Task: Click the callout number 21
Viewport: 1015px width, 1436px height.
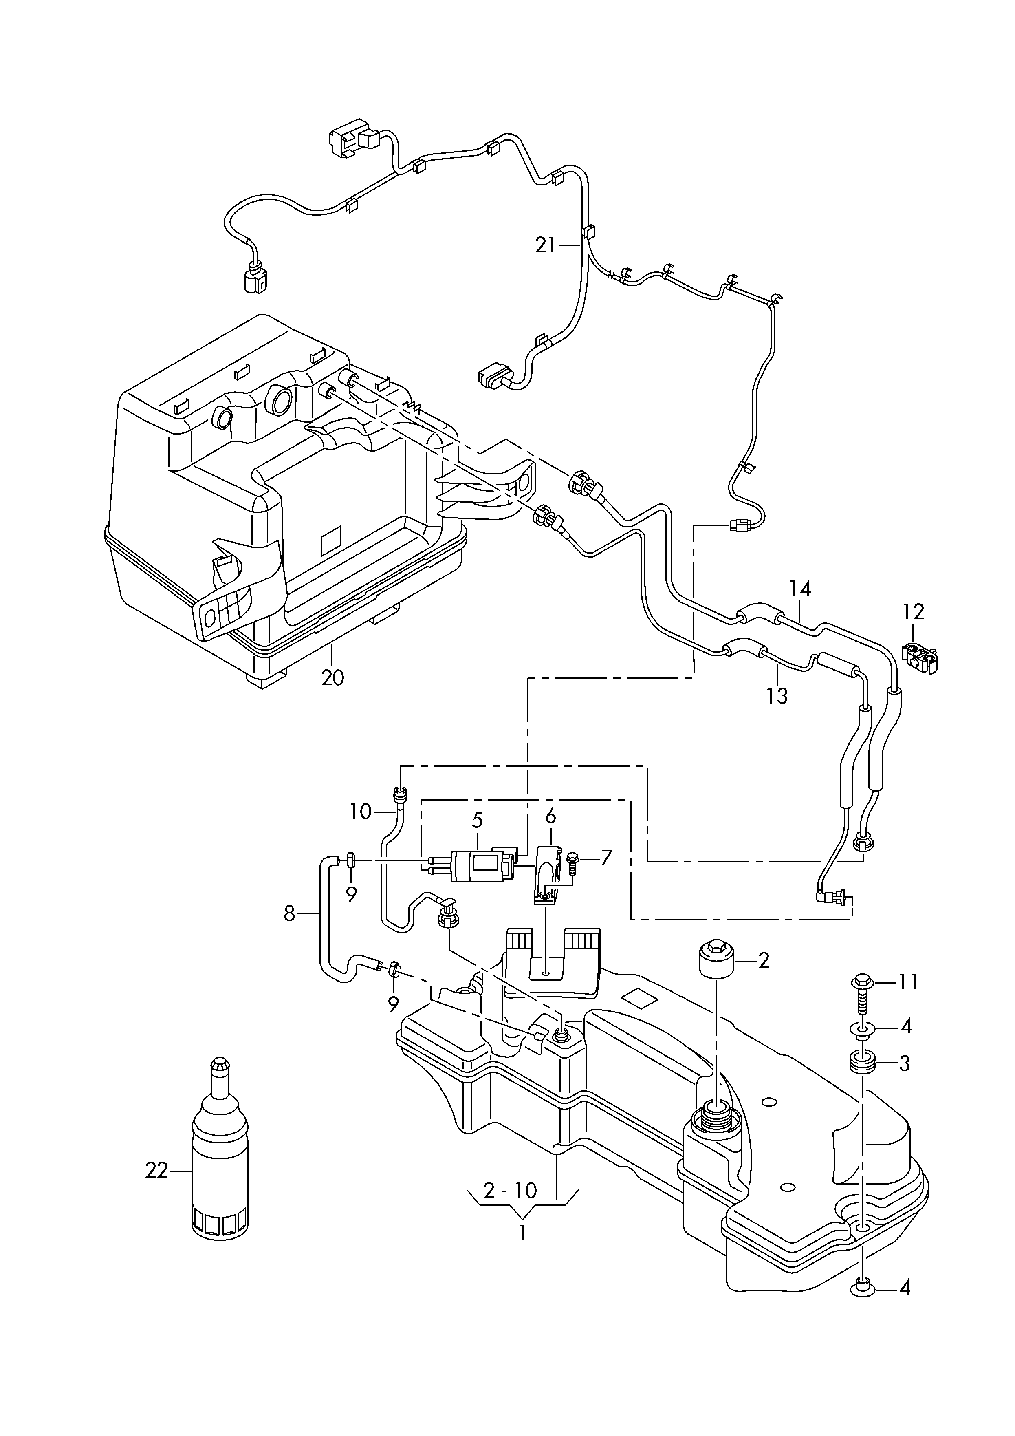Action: (545, 245)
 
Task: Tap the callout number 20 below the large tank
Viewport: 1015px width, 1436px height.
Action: (333, 677)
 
